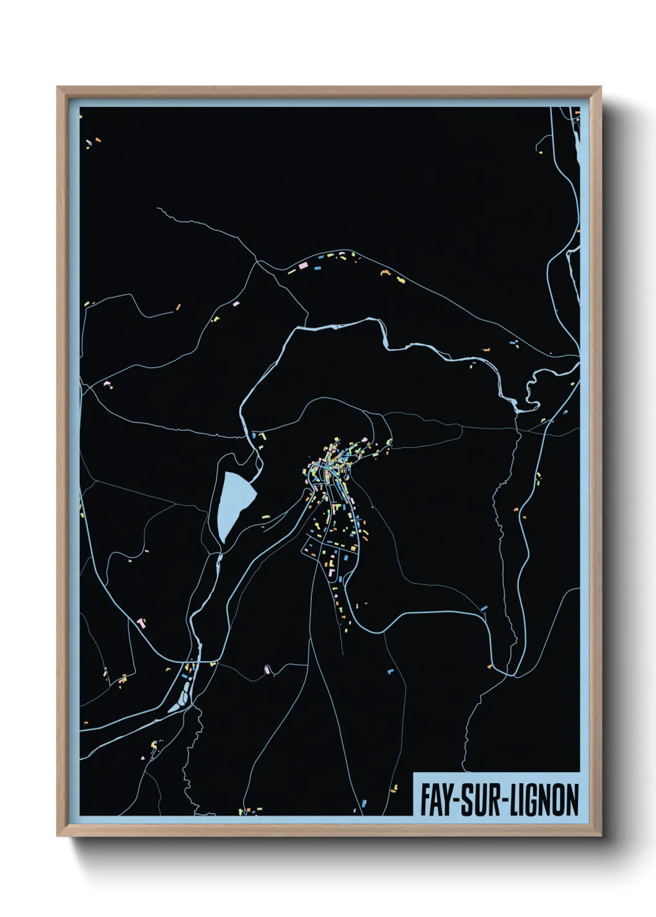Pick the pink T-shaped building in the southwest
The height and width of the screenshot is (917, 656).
tap(141, 621)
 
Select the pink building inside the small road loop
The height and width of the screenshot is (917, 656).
tap(267, 669)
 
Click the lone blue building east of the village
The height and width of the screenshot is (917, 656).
tap(484, 609)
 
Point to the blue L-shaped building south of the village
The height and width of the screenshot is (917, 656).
tap(391, 671)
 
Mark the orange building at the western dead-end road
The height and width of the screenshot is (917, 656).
tap(178, 306)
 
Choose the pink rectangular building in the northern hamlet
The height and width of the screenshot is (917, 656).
tap(304, 265)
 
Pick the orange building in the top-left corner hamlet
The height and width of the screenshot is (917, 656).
tap(97, 141)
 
